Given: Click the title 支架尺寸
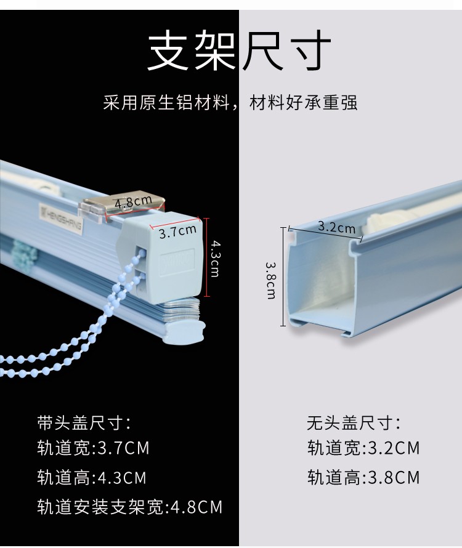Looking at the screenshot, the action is pos(239,50).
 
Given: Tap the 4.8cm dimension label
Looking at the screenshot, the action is pos(133,202).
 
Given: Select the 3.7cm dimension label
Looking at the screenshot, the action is pos(177,231).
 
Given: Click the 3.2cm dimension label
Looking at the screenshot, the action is pos(336,227).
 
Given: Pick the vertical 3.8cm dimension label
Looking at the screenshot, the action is pos(270,281).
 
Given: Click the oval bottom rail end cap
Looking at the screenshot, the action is pos(184,332).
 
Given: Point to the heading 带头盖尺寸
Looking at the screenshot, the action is pos(84,422).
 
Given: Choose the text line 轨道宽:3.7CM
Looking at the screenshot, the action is pos(93,448).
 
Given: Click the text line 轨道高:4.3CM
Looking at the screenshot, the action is pos(92,477).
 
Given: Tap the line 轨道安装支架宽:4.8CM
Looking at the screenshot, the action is pos(130,507).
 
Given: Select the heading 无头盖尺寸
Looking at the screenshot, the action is pos(354,422).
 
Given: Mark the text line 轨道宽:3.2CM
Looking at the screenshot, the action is pos(363,448).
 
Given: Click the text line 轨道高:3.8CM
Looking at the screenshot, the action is pos(363,477).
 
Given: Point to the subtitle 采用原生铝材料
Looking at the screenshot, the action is pos(166,102).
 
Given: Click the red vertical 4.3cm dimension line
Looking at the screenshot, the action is pos(207,257).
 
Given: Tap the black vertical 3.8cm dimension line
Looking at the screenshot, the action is pos(283,276).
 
